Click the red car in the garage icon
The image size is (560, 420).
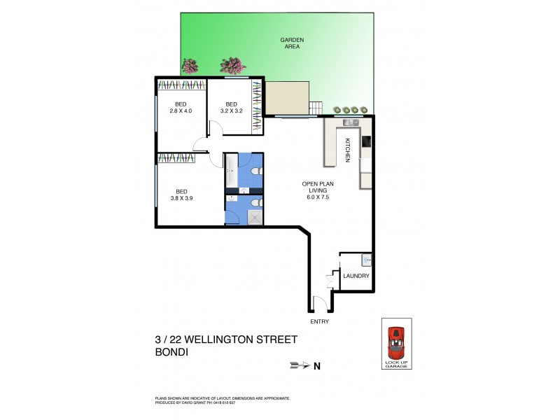point(396,342)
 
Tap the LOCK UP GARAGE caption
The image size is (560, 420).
point(396,364)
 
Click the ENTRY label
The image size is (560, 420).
point(319,321)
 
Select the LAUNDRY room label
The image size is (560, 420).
point(356,276)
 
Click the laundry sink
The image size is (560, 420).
point(366,260)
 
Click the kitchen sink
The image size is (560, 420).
point(351,123)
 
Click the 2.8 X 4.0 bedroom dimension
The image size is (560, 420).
point(181,111)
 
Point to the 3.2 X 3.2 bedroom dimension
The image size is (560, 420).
point(232,111)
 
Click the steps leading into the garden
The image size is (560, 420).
point(316,108)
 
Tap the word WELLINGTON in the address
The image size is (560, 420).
point(232,339)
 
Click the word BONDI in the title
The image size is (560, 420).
point(171,353)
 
